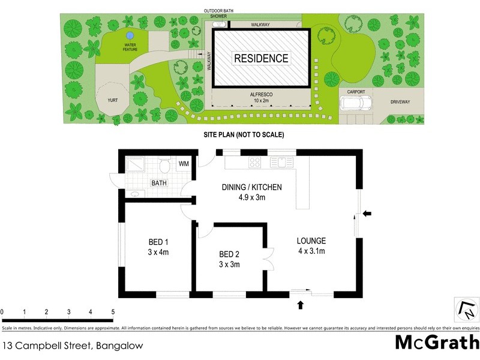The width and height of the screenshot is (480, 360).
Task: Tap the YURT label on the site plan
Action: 112,101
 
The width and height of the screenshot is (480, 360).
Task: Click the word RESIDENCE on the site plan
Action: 261,59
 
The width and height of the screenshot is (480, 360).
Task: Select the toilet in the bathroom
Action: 166,165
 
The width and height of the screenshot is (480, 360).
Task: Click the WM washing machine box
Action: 184,163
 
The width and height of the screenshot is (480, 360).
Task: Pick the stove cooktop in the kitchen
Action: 255,162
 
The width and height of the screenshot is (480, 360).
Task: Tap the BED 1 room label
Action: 158,247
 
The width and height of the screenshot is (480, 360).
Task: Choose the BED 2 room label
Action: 229,259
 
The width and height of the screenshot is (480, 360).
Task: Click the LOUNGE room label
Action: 311,246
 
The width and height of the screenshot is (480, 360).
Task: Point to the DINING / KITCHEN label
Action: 252,192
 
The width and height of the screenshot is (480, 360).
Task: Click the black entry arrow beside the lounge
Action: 368,213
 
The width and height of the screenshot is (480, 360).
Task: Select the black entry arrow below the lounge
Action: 301,305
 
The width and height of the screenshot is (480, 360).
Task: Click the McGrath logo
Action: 437,342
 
